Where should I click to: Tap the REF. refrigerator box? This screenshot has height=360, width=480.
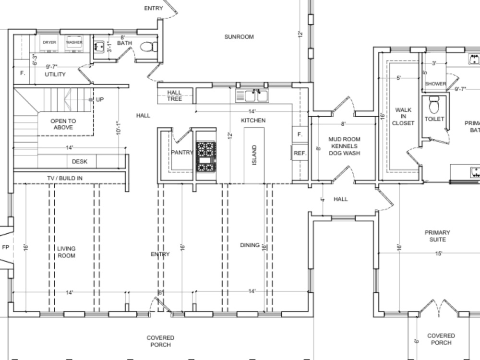click(x=300, y=153)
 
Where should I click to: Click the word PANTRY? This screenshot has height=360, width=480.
click(x=182, y=153)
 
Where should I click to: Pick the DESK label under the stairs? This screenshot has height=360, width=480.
click(x=80, y=162)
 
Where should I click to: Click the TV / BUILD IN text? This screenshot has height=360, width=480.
click(x=64, y=178)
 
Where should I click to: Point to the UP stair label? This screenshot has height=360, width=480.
click(x=100, y=99)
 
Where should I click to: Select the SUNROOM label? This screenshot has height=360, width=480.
click(x=239, y=37)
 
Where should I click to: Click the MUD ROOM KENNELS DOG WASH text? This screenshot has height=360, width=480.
click(x=344, y=146)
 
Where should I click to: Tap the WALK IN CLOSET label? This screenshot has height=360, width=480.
click(x=403, y=117)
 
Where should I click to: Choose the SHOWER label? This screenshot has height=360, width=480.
click(x=435, y=84)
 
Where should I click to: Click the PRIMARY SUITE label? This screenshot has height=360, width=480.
click(x=437, y=236)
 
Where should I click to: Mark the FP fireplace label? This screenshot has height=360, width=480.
click(x=6, y=248)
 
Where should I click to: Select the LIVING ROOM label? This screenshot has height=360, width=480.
click(x=66, y=252)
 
